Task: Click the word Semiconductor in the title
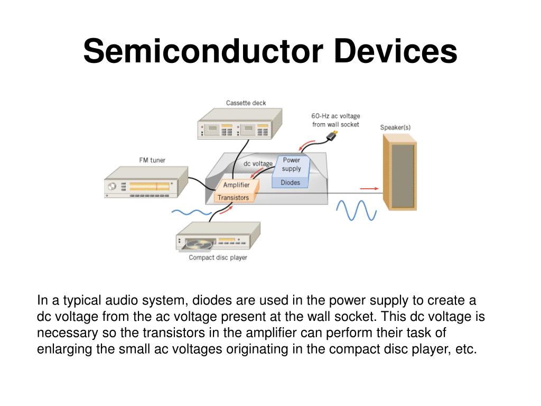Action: pyautogui.click(x=203, y=52)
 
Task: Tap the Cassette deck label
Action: pyautogui.click(x=246, y=103)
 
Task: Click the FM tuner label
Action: pyautogui.click(x=152, y=160)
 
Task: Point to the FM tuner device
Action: pyautogui.click(x=145, y=183)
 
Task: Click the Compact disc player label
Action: pyautogui.click(x=218, y=257)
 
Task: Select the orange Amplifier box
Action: pyautogui.click(x=236, y=185)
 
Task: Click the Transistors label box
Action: pyautogui.click(x=233, y=198)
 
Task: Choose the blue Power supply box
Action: pyautogui.click(x=291, y=164)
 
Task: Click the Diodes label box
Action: pyautogui.click(x=290, y=182)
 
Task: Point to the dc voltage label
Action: pyautogui.click(x=258, y=164)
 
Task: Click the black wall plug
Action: pyautogui.click(x=332, y=136)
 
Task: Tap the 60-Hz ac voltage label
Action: pyautogui.click(x=335, y=120)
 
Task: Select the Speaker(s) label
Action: pyautogui.click(x=395, y=127)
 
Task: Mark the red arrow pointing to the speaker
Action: pyautogui.click(x=369, y=188)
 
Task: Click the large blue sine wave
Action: pyautogui.click(x=357, y=210)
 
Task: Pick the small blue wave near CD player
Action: pyautogui.click(x=191, y=213)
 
